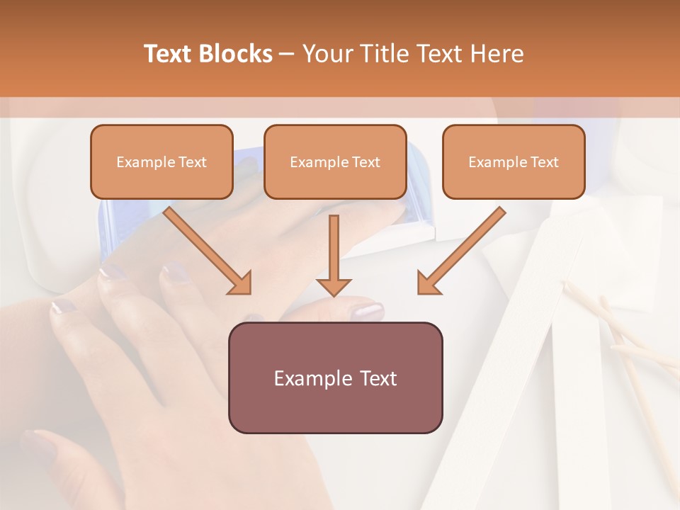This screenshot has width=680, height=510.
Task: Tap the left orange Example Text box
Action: pos(161,162)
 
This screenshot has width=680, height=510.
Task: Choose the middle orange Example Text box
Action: pos(335,162)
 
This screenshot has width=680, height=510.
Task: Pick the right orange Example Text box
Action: pos(514,162)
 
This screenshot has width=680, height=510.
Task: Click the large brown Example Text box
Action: pos(335,378)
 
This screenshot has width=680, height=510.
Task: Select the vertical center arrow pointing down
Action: pos(334,255)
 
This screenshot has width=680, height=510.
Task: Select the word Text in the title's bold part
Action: pos(168,54)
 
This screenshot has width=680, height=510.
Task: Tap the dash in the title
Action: pos(287,54)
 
